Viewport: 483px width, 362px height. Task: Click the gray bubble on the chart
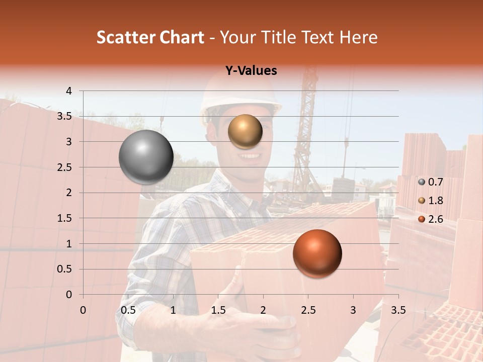tap(146, 157)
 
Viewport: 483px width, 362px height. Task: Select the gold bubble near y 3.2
tap(245, 131)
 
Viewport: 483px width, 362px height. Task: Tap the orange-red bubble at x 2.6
tap(317, 253)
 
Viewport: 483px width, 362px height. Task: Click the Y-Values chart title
tap(251, 71)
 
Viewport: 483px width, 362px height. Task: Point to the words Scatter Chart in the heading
tap(150, 37)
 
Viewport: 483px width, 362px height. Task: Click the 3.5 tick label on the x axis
tap(398, 310)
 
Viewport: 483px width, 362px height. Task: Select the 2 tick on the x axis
tap(263, 310)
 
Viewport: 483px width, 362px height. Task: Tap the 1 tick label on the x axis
tap(173, 310)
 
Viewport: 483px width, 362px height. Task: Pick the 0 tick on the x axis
tap(83, 310)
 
